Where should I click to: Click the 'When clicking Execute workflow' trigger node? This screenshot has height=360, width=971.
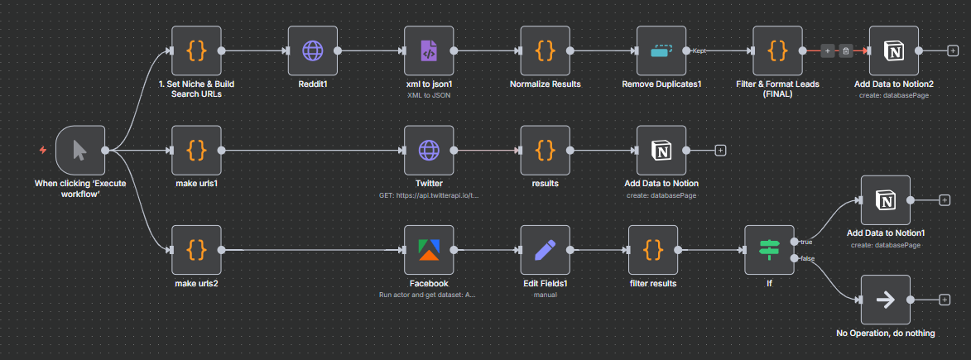(x=80, y=150)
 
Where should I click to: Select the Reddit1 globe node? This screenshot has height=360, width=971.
(x=313, y=50)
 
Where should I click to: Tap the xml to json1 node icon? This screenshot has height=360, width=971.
(x=429, y=50)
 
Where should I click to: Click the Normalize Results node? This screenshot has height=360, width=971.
(x=545, y=50)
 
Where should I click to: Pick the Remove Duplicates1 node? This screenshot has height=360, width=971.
(x=661, y=50)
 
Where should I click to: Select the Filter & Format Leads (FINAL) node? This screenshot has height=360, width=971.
(x=777, y=50)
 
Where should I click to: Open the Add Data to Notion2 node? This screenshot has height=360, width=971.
(x=893, y=50)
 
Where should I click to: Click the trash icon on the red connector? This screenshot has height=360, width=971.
(x=847, y=50)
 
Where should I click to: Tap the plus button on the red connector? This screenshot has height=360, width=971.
(x=828, y=50)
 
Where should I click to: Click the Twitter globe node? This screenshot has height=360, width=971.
(x=429, y=150)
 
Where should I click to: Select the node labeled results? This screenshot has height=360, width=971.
(x=545, y=150)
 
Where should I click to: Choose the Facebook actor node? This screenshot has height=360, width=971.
(x=429, y=250)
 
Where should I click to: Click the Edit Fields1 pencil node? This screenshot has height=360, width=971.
(x=545, y=250)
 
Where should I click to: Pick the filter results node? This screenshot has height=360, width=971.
(x=653, y=250)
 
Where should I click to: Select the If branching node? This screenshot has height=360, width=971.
(x=769, y=250)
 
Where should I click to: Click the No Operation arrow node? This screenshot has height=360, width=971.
(x=886, y=300)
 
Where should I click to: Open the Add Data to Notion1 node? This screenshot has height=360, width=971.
(x=886, y=200)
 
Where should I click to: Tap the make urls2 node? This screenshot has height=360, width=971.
(x=196, y=250)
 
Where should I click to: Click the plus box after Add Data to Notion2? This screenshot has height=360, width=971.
(x=953, y=50)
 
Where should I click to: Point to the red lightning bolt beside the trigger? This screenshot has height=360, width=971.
(x=43, y=150)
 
